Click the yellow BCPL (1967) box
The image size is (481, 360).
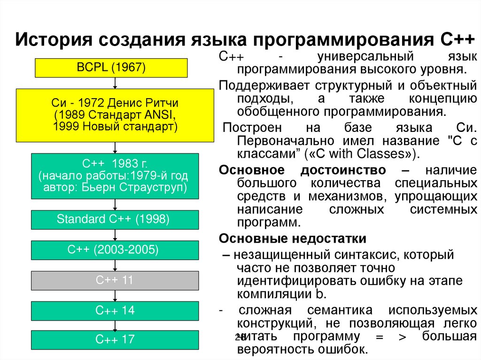(x=111, y=68)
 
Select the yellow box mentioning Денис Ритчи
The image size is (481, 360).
(x=115, y=115)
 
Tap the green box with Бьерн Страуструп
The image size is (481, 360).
(x=115, y=176)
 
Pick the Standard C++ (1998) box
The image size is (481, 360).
(x=115, y=220)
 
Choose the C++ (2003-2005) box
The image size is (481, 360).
(x=115, y=250)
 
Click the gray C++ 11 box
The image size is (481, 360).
(x=115, y=280)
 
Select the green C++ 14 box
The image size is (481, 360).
(x=115, y=311)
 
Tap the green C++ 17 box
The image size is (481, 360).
(x=115, y=340)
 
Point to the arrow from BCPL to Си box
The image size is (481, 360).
(x=115, y=83)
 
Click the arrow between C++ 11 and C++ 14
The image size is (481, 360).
(x=115, y=296)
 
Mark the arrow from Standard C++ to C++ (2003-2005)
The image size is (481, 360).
(x=115, y=235)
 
